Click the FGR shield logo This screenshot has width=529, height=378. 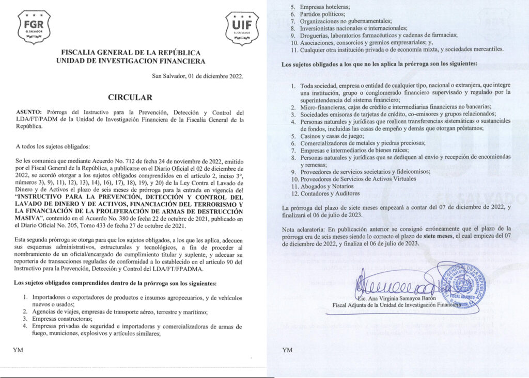34,27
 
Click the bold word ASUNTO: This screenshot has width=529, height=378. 30,112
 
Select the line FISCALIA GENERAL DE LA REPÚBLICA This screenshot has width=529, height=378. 131,53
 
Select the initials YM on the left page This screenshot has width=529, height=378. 18,350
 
